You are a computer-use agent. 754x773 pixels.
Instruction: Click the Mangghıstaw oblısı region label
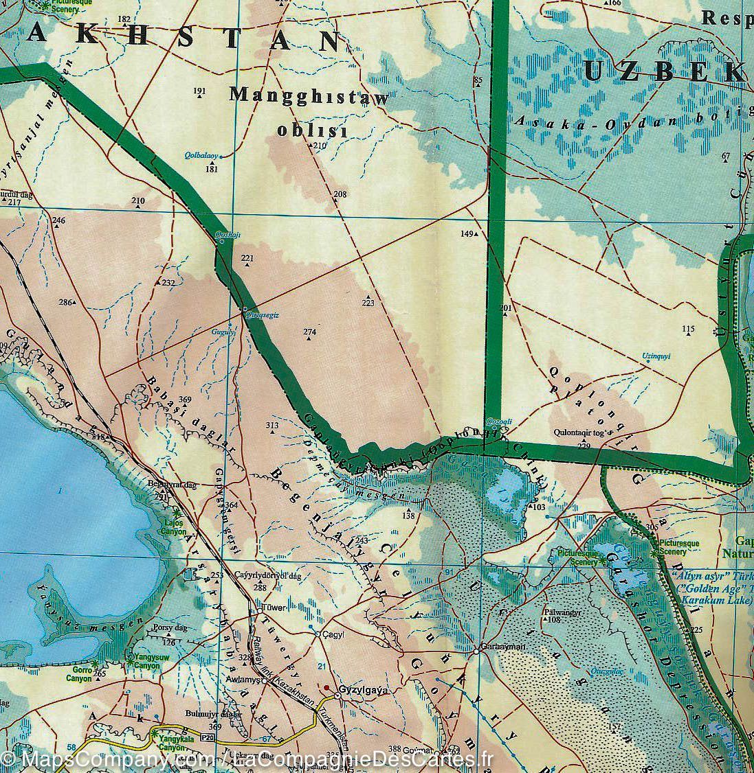click(x=309, y=112)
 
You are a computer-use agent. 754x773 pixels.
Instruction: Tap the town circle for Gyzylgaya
click(x=337, y=696)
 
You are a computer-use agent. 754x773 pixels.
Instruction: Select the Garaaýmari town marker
click(x=476, y=649)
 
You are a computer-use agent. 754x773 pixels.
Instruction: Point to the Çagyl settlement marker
click(x=319, y=634)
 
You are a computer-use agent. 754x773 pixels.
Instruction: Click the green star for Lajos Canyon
click(x=177, y=513)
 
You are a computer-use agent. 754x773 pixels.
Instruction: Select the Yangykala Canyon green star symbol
click(x=153, y=736)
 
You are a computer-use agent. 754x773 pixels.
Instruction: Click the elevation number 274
click(x=309, y=332)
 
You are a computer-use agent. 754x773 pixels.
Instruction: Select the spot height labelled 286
click(x=65, y=303)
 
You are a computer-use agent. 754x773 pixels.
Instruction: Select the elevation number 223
click(x=368, y=303)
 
